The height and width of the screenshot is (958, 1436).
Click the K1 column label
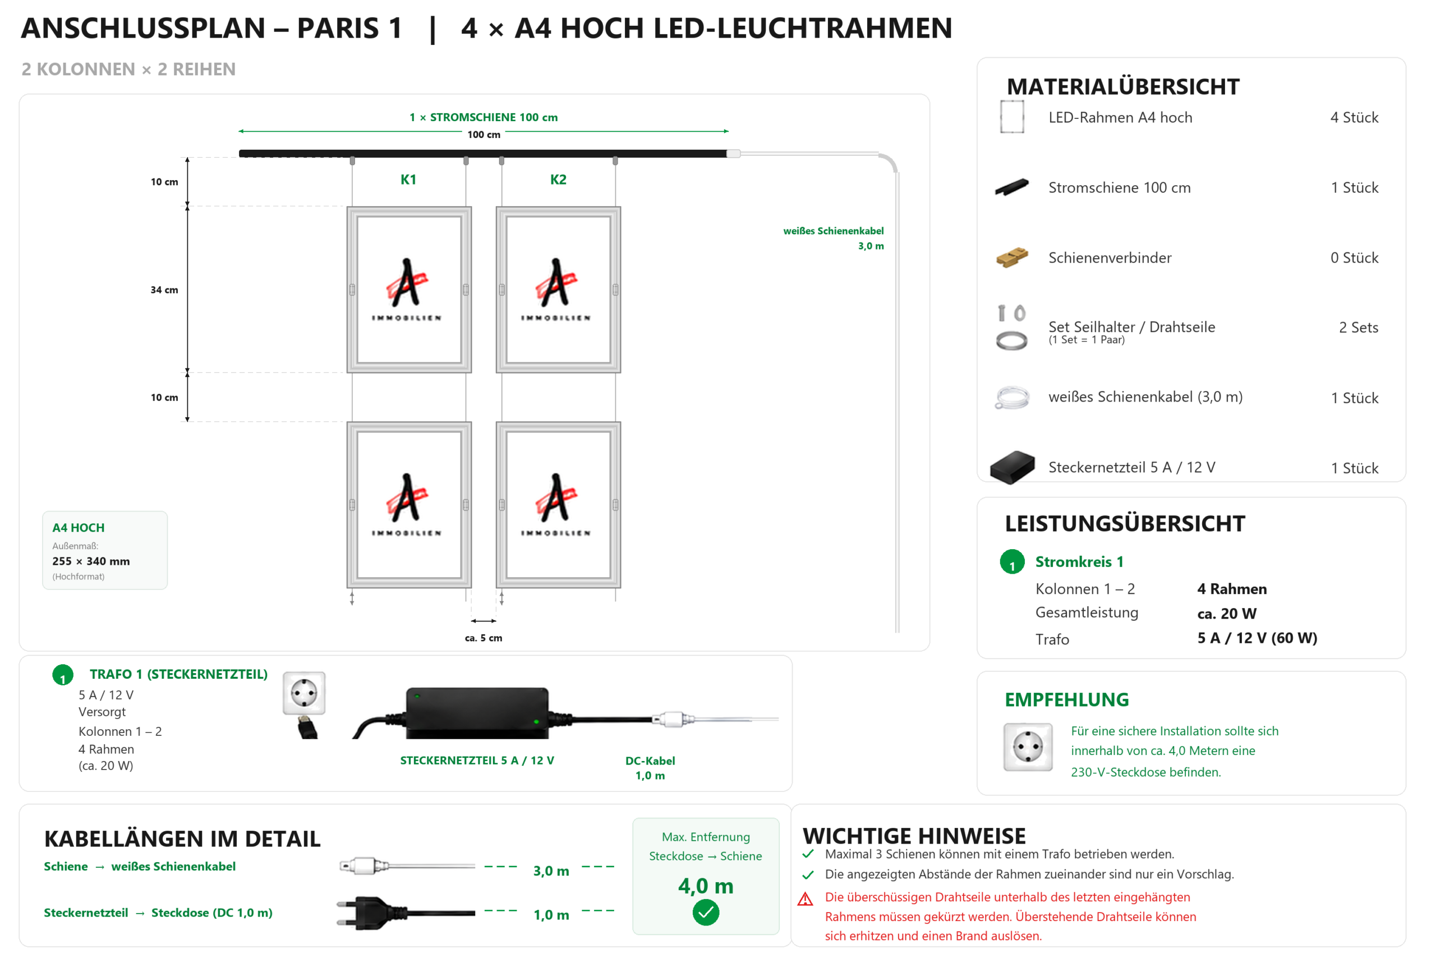click(408, 179)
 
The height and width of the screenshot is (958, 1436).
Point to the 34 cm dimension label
click(164, 290)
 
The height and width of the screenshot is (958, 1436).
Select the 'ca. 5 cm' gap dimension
click(484, 638)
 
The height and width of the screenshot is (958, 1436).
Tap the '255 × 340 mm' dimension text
click(91, 561)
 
